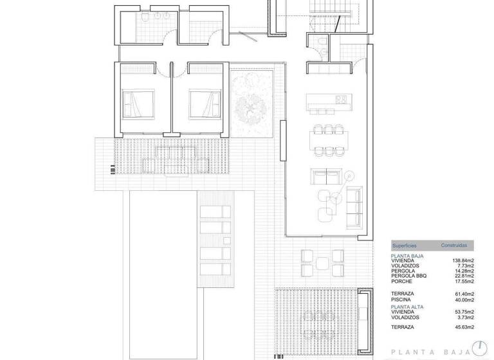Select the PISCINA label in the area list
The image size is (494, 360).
point(403,300)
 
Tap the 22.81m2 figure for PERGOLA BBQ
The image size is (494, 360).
point(463,276)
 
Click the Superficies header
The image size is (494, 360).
point(405,246)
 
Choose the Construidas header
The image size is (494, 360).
point(453,246)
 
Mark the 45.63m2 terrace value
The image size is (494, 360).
point(463,328)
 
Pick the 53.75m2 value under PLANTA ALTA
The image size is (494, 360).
point(463,312)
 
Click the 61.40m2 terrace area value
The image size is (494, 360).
point(463,294)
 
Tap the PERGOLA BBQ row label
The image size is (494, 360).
point(408,276)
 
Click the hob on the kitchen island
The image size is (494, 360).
point(341,100)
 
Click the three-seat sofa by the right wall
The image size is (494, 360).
point(354,206)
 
